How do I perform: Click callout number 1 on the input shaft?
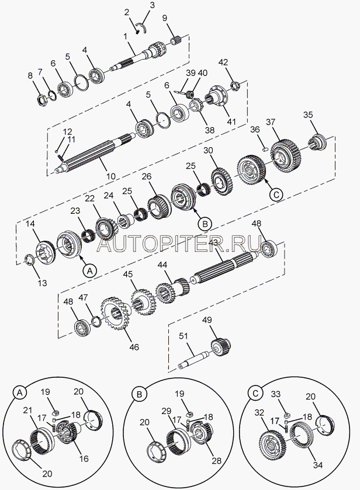125,37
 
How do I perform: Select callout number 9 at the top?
164,18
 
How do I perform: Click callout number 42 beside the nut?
223,62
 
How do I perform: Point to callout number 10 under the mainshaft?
110,176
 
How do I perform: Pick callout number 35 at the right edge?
307,115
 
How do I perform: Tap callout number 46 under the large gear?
134,347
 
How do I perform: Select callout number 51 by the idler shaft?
183,335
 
